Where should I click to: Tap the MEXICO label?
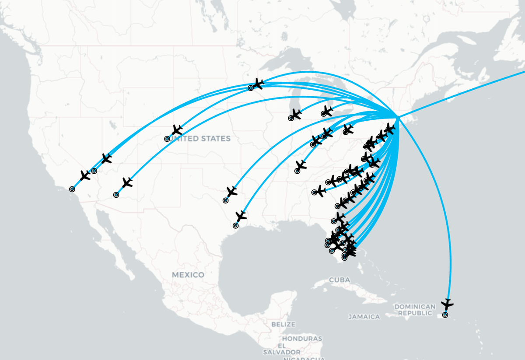[188, 275]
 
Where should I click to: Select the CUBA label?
[339, 280]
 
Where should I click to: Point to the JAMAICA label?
[364, 316]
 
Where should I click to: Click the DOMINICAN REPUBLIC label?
[415, 310]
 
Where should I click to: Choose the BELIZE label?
[283, 325]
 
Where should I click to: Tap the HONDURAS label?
[302, 339]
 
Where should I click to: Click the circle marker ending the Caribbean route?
[445, 315]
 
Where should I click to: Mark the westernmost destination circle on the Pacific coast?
[72, 189]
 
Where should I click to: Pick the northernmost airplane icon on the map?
[258, 83]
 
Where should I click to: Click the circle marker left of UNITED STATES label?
[167, 139]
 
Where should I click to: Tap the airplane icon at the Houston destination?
[241, 216]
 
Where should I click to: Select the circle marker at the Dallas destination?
[226, 200]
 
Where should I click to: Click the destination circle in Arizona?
[116, 195]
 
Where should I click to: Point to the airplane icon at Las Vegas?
[106, 159]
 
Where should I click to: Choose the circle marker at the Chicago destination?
[291, 118]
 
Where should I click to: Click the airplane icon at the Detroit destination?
[327, 110]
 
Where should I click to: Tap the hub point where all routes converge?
[398, 117]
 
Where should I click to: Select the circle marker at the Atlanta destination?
[315, 192]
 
